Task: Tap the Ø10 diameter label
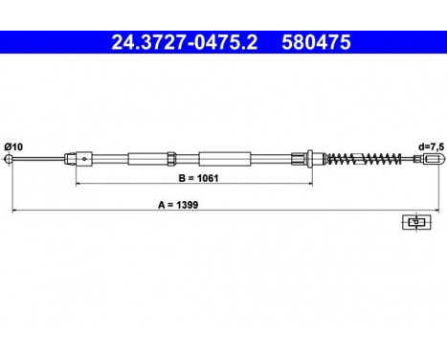[14, 145]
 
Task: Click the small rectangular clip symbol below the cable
[413, 222]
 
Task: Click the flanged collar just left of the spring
[312, 159]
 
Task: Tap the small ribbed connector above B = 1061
[169, 159]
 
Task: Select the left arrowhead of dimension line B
[79, 182]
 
